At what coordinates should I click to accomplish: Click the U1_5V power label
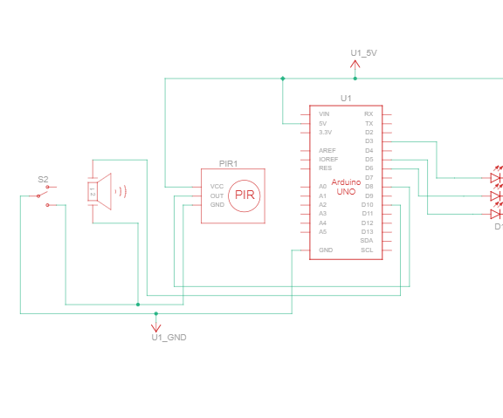[x=363, y=53]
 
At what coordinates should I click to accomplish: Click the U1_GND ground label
[x=169, y=337]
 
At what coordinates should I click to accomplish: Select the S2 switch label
[x=43, y=179]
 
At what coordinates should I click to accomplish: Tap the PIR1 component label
[x=229, y=163]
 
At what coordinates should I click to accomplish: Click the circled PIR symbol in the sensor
[x=245, y=195]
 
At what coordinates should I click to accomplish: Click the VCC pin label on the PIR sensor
[x=217, y=187]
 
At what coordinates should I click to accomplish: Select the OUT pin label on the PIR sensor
[x=217, y=195]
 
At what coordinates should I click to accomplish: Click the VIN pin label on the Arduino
[x=324, y=114]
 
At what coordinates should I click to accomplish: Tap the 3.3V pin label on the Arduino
[x=325, y=132]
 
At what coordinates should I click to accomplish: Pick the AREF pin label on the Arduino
[x=327, y=151]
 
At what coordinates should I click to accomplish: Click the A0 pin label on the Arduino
[x=323, y=187]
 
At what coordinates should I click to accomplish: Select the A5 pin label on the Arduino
[x=323, y=231]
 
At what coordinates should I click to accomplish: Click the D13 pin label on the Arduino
[x=367, y=231]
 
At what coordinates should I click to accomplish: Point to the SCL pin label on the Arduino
[x=367, y=250]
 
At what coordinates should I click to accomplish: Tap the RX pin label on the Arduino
[x=369, y=114]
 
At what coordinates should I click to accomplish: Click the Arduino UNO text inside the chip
[x=345, y=186]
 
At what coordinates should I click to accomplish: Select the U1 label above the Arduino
[x=346, y=98]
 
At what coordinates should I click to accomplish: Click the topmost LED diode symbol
[x=495, y=178]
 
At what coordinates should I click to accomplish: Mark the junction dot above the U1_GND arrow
[x=156, y=312]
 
